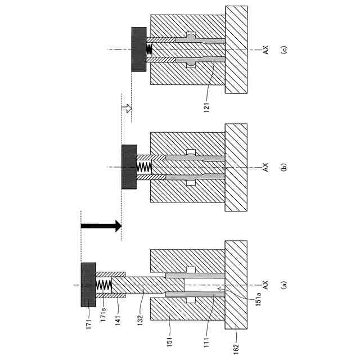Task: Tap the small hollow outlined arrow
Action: (127, 107)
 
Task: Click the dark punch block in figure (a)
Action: (88, 285)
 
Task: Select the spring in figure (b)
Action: (145, 167)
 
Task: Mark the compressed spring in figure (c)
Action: (150, 49)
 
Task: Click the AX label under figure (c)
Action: (264, 49)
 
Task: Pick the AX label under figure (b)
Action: (264, 167)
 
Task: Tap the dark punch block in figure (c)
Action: (139, 49)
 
